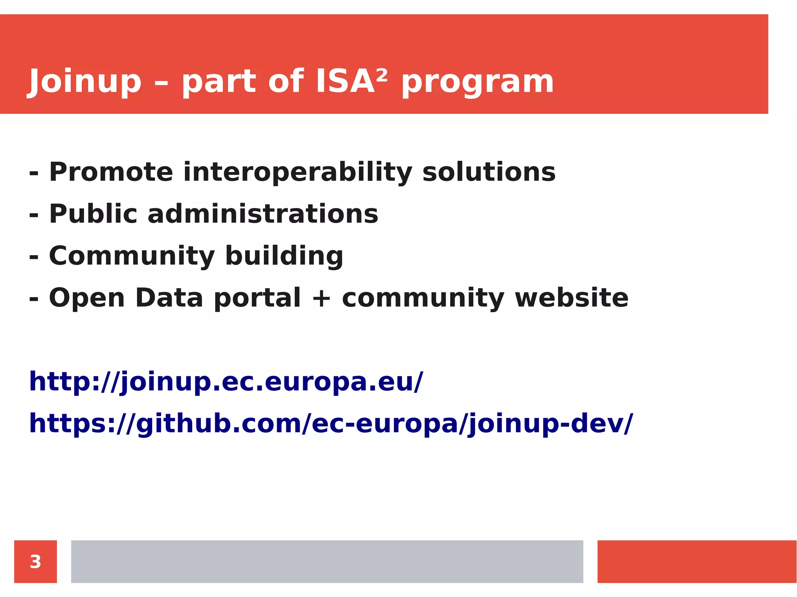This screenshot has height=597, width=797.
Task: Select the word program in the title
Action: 477,82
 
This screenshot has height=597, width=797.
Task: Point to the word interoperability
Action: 298,173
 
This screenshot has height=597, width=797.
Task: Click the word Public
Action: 93,214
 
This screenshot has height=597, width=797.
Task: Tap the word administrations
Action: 263,214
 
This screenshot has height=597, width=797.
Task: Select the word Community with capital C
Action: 132,256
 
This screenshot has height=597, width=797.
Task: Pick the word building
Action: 284,256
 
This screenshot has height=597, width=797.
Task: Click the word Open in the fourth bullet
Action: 87,298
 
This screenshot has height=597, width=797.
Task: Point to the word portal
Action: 257,298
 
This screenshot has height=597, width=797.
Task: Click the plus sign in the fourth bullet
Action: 321,298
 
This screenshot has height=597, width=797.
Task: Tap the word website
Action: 572,298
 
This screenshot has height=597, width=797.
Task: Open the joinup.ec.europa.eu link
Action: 226,382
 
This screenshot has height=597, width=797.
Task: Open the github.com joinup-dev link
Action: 331,424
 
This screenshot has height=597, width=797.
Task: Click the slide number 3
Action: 35,562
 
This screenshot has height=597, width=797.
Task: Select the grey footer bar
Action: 327,562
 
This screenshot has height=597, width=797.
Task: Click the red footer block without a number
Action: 697,562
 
